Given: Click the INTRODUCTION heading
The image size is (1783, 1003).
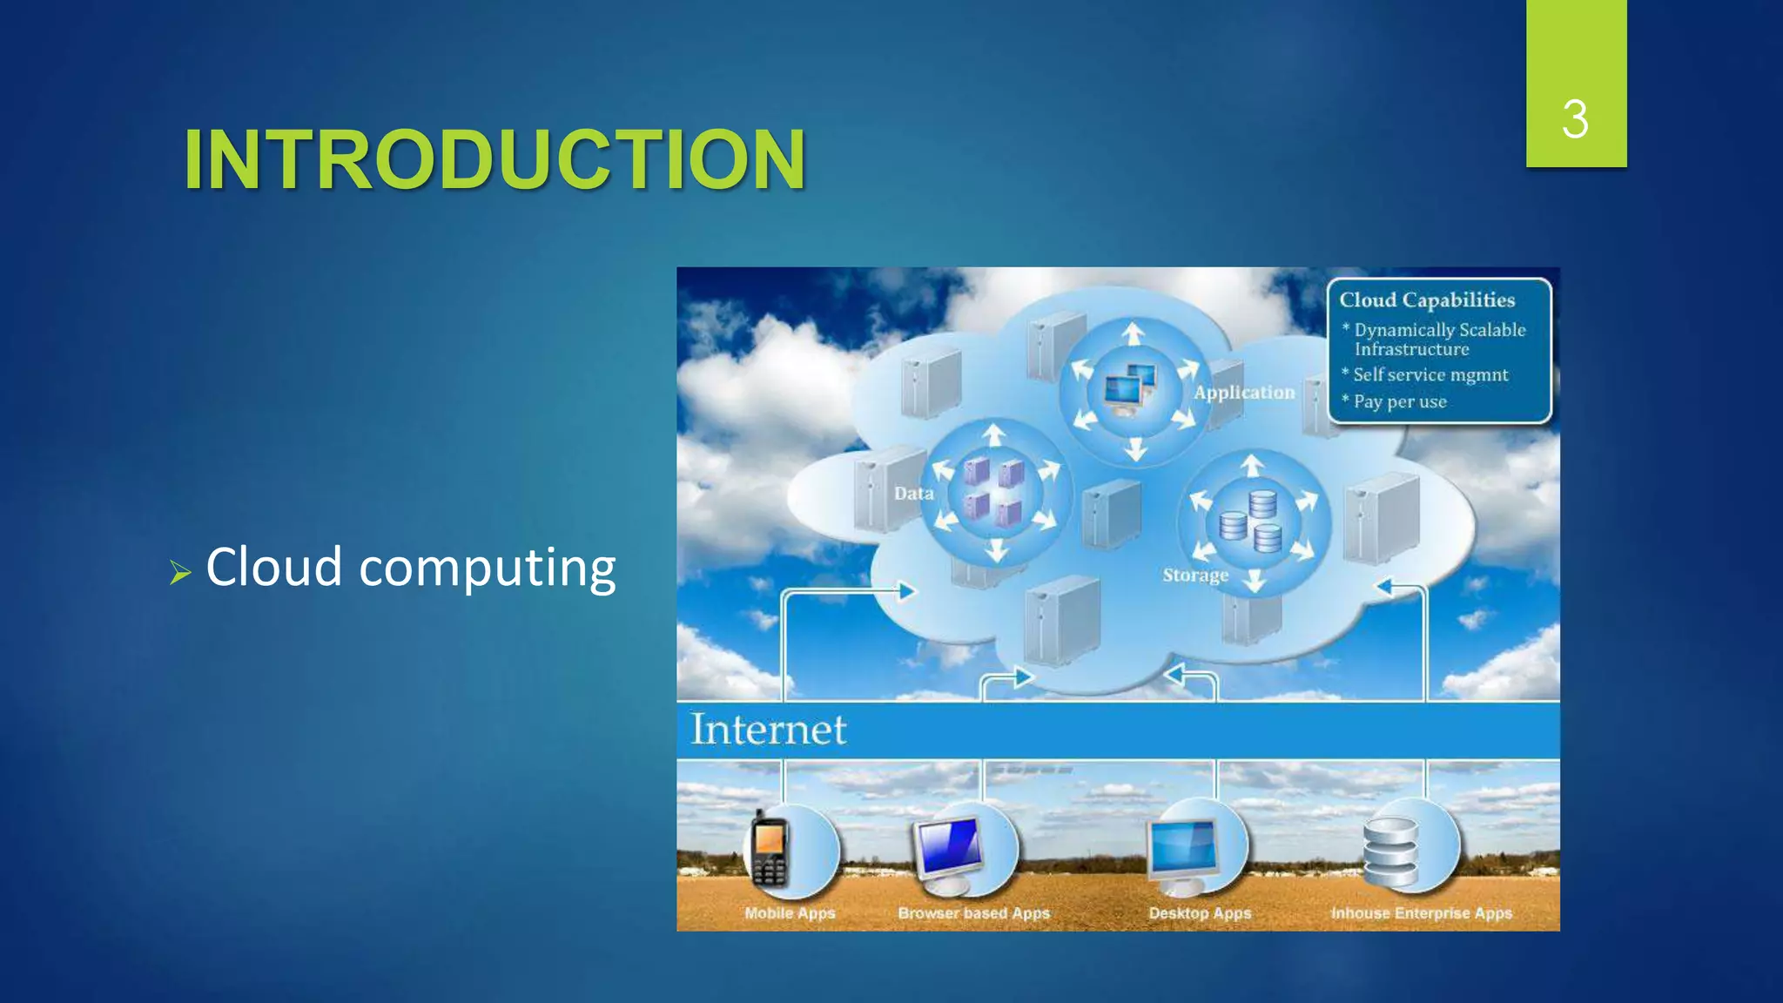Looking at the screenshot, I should click(x=495, y=159).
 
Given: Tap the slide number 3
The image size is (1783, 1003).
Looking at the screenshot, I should click(x=1575, y=119).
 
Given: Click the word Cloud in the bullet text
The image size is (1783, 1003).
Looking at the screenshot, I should click(x=273, y=567).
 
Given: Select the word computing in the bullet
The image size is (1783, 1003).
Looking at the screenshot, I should click(x=488, y=569).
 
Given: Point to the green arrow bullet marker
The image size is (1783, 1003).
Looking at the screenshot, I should click(x=180, y=572).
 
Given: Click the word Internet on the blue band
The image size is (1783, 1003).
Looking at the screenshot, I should click(x=768, y=730).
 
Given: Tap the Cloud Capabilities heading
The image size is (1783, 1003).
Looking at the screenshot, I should click(x=1427, y=300).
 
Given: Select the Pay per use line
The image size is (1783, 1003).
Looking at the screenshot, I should click(x=1399, y=401).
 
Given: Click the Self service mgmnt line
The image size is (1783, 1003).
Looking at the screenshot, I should click(x=1430, y=374).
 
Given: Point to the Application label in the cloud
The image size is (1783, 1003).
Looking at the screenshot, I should click(x=1244, y=393).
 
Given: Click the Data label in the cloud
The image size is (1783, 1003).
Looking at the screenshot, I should click(x=913, y=494).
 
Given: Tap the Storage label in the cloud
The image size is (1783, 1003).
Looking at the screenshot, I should click(x=1195, y=575).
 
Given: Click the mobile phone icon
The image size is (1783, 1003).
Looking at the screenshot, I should click(x=770, y=850).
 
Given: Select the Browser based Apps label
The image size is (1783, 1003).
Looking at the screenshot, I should click(x=973, y=913).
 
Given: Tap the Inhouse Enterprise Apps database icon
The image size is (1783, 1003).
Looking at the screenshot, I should click(x=1390, y=852).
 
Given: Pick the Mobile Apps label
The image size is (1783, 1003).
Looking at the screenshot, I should click(x=790, y=913).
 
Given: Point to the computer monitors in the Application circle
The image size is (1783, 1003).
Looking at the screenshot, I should click(x=1130, y=389).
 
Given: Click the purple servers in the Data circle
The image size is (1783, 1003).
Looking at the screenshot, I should click(x=994, y=492).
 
